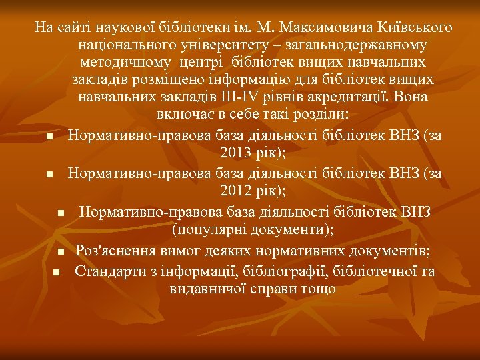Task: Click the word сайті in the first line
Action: (71, 28)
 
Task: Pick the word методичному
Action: (127, 63)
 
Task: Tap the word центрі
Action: (203, 63)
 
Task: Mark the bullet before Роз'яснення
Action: (60, 252)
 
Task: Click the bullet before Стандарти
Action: (56, 272)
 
